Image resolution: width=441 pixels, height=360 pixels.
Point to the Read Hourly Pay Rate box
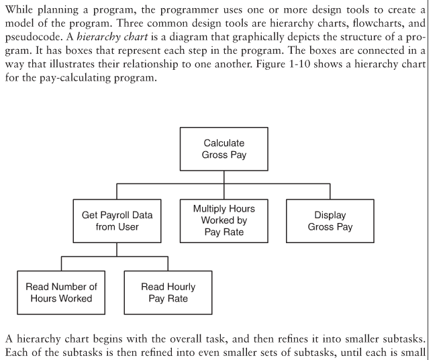click(x=168, y=293)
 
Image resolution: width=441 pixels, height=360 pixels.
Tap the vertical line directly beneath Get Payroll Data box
click(x=117, y=249)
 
